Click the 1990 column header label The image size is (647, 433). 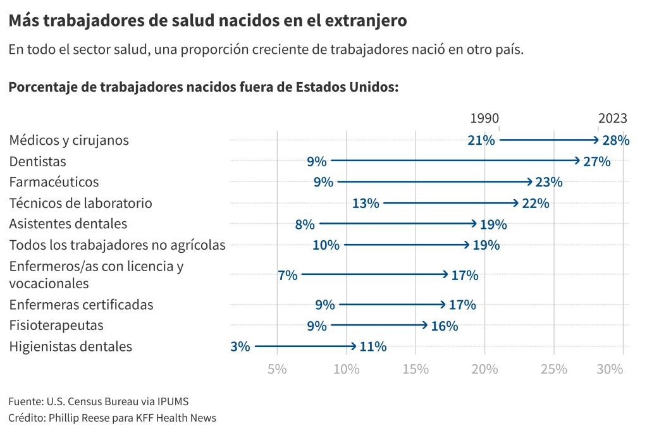coord(484,118)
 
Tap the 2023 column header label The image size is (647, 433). coord(612,118)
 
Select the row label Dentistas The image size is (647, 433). coord(37,161)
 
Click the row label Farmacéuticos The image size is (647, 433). coord(54,182)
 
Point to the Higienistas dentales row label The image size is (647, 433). coord(70,346)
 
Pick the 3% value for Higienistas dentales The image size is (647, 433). coord(240,346)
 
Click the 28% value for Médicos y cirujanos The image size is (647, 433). coord(615,140)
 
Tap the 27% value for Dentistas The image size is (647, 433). coord(596,161)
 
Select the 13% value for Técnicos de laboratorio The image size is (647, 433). coord(366,204)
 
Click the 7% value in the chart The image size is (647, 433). coord(287,275)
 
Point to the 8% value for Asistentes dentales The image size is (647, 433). coord(304,224)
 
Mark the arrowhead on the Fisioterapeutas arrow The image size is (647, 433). coord(425,326)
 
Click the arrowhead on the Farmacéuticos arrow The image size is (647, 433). coord(530,182)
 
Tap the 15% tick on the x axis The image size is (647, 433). coord(415,369)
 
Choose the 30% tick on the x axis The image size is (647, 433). coord(610,369)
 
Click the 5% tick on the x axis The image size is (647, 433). coord(277,369)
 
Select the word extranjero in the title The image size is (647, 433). coord(365,21)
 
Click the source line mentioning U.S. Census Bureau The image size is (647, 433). coord(98,401)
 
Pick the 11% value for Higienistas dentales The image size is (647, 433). coord(373,346)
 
